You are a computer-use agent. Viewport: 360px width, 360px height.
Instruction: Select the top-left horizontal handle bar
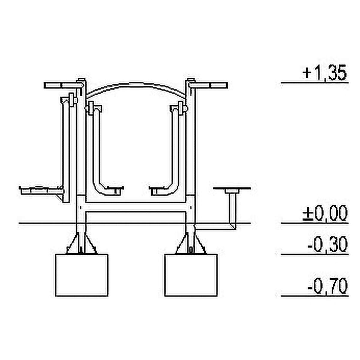click(63, 85)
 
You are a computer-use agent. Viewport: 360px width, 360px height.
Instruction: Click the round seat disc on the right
click(232, 188)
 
